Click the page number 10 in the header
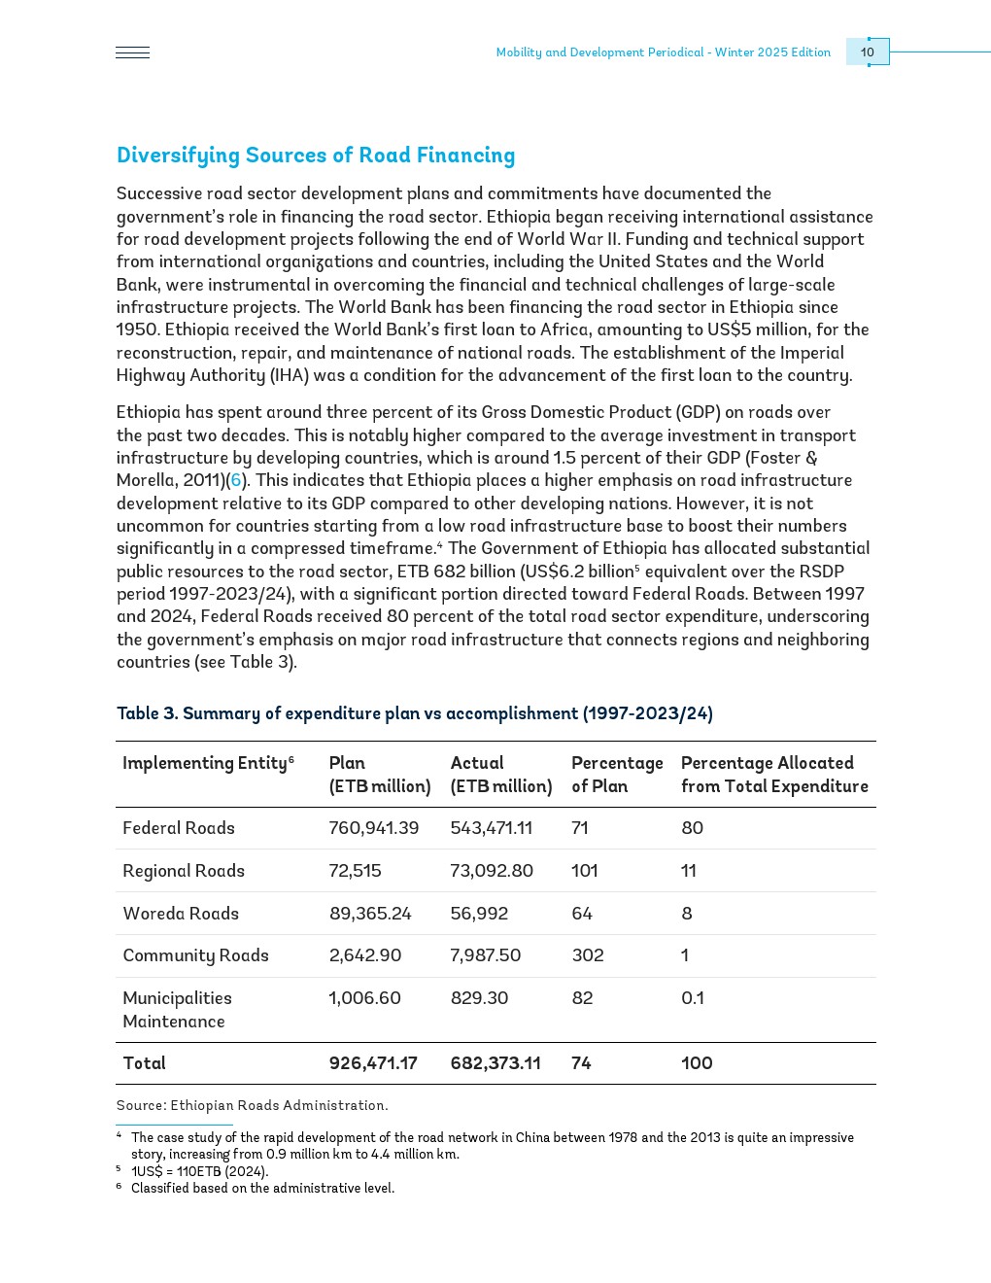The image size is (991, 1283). (868, 52)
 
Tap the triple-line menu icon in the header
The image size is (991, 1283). (132, 52)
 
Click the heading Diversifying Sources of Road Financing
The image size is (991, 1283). (316, 156)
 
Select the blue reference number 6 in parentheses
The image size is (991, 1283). (235, 480)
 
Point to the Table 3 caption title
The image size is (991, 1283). (414, 713)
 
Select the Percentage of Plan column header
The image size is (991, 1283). (616, 775)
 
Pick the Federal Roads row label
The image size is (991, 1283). (179, 828)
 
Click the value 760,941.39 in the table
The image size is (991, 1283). (374, 828)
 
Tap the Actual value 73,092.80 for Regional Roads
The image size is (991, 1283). (492, 871)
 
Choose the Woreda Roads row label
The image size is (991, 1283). (181, 914)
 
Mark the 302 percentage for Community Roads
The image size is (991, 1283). (588, 955)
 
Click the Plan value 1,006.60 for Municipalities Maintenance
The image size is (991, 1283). (365, 998)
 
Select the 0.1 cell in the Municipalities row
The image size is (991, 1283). (693, 998)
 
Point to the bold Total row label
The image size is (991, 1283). (145, 1063)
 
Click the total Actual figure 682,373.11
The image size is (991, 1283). (495, 1063)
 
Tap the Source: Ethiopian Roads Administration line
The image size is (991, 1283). (252, 1105)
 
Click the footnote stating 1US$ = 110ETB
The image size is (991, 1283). (199, 1171)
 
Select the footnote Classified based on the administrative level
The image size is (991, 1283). (262, 1188)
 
